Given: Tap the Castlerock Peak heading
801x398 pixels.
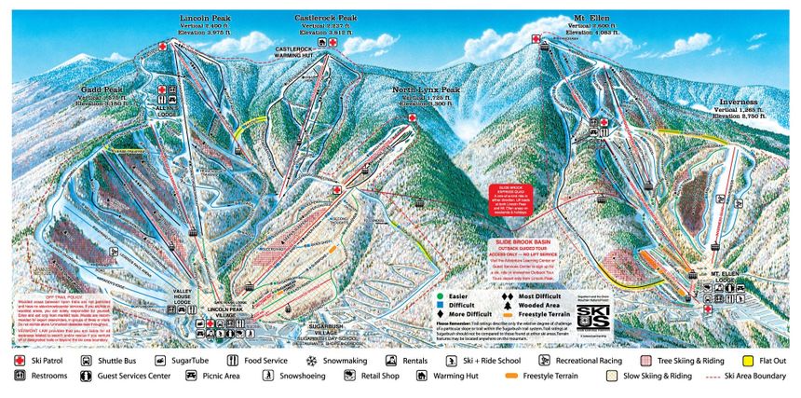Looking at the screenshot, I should [x=326, y=18].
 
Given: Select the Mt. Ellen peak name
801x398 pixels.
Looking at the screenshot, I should [x=591, y=18].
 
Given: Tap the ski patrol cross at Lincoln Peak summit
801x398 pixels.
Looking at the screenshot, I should [x=164, y=45].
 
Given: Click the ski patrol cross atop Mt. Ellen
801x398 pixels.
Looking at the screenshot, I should [x=536, y=38].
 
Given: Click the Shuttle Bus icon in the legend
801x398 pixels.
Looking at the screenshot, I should [x=88, y=359].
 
